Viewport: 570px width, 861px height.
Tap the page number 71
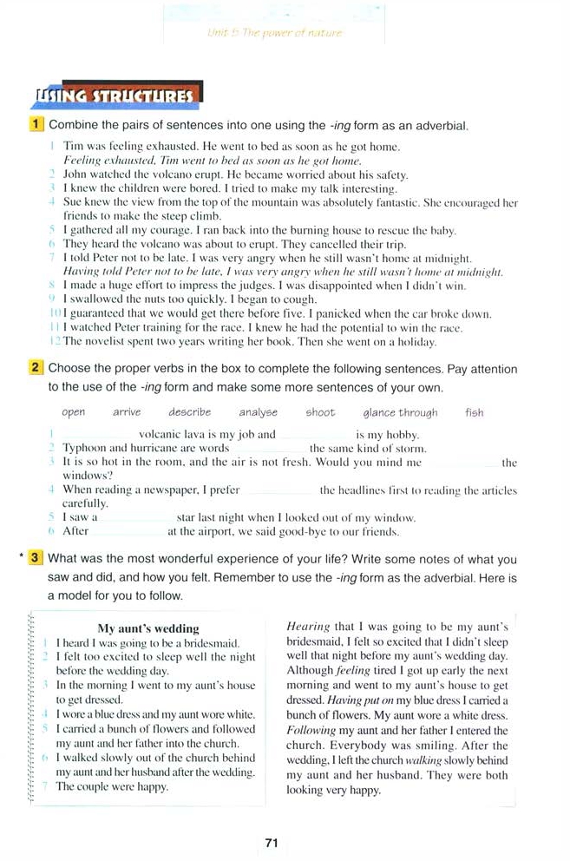pyautogui.click(x=271, y=842)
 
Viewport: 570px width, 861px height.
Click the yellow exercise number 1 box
pyautogui.click(x=37, y=126)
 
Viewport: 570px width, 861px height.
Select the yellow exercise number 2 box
pyautogui.click(x=37, y=368)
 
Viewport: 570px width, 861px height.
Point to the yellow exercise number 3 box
pyautogui.click(x=36, y=559)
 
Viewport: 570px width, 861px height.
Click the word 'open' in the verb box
pyautogui.click(x=74, y=413)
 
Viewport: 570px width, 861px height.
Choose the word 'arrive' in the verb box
pyautogui.click(x=127, y=413)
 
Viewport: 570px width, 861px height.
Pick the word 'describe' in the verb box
pyautogui.click(x=189, y=413)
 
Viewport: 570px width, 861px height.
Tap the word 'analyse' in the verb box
pyautogui.click(x=259, y=413)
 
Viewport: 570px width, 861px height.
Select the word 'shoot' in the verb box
pyautogui.click(x=320, y=413)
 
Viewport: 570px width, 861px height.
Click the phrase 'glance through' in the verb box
pyautogui.click(x=400, y=413)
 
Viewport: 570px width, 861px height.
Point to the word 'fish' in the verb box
pyautogui.click(x=475, y=413)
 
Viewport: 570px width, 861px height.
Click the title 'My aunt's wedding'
pyautogui.click(x=148, y=628)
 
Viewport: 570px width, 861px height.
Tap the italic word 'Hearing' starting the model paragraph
pyautogui.click(x=308, y=627)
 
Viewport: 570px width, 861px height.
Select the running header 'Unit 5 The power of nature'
pyautogui.click(x=275, y=33)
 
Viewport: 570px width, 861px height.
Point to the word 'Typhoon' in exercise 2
pyautogui.click(x=83, y=449)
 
